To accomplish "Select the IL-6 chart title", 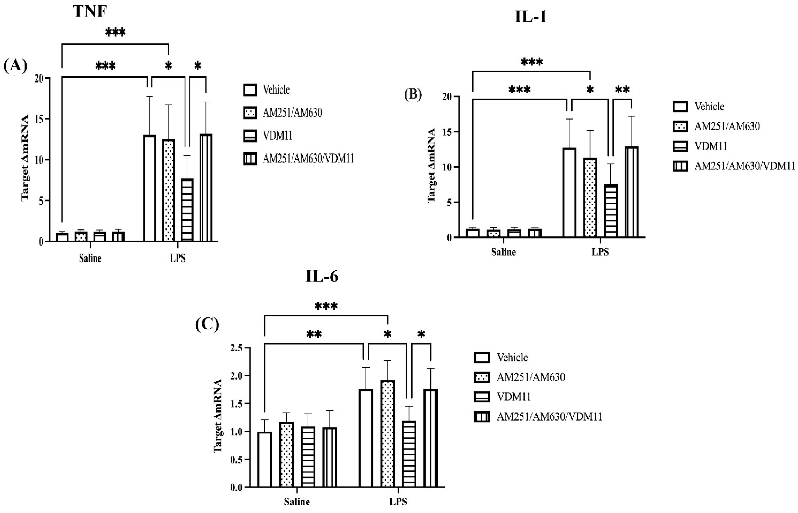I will pyautogui.click(x=322, y=277).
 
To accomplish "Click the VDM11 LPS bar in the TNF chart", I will pyautogui.click(x=187, y=210).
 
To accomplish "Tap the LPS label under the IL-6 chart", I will pyautogui.click(x=398, y=502).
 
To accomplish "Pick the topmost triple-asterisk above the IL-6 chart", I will pyautogui.click(x=326, y=306).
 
